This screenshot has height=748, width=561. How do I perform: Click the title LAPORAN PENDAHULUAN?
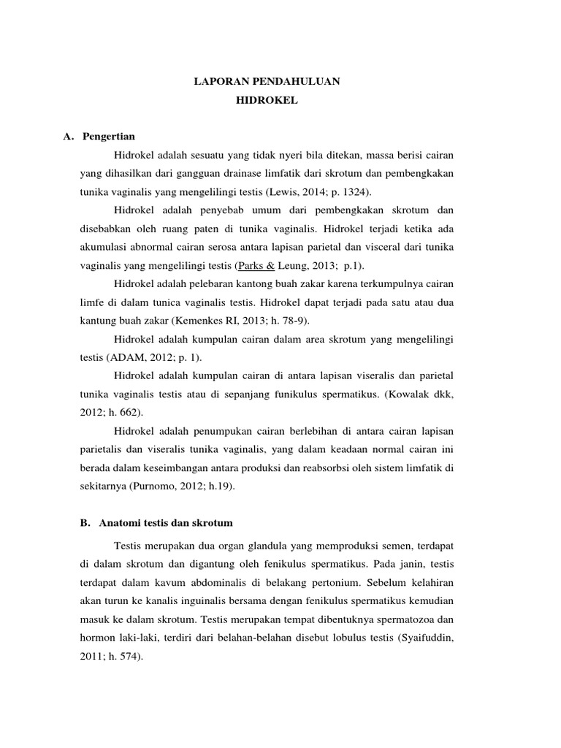(x=267, y=82)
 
